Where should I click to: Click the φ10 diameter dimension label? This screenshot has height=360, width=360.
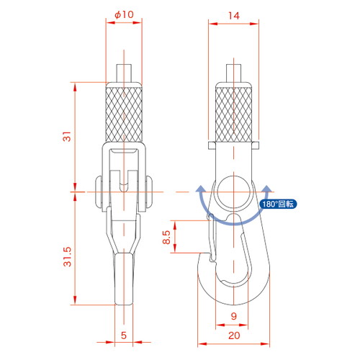124,14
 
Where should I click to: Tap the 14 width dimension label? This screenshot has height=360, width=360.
234,16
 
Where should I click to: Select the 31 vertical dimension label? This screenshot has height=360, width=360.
68,136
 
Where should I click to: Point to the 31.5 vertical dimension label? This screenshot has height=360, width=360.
68,256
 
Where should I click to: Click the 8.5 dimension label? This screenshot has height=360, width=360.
166,237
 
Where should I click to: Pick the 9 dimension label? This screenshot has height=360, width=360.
234,316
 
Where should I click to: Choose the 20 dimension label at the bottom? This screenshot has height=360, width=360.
234,336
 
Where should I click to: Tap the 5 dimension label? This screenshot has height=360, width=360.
124,336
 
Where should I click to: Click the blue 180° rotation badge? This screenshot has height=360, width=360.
278,204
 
